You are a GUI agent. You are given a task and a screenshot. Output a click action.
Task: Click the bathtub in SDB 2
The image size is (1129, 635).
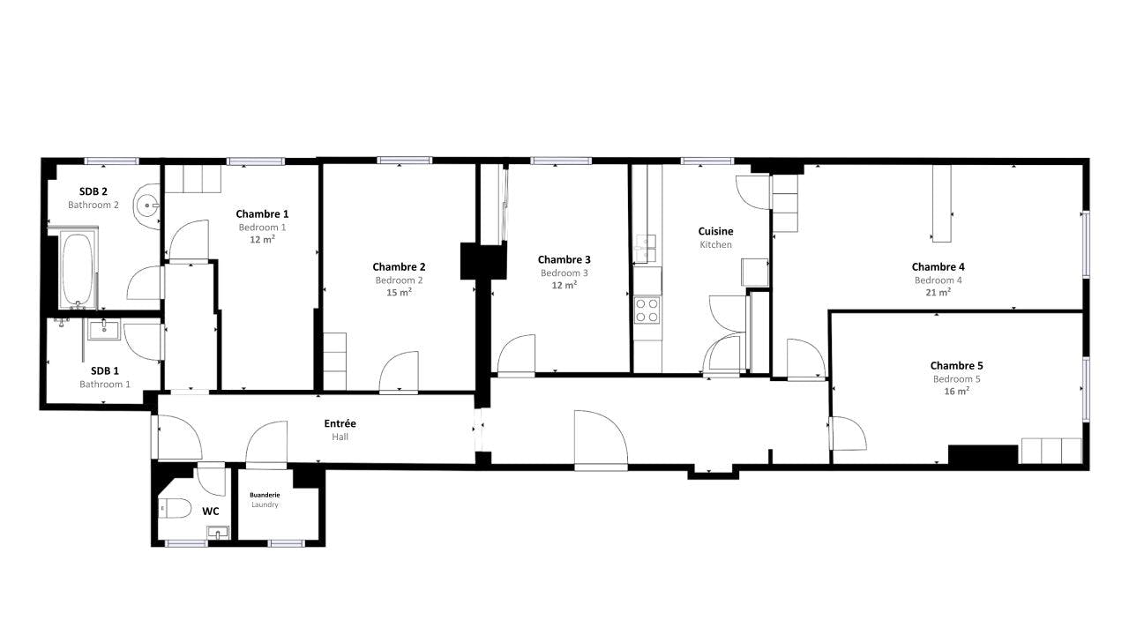pos(78,269)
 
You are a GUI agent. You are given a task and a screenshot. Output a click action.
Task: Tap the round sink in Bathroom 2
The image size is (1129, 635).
pos(147,205)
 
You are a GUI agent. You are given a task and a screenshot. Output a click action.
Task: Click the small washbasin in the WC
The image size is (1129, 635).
pos(217,532)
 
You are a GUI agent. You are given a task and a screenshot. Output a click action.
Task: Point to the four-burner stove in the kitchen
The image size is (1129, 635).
pos(647,310)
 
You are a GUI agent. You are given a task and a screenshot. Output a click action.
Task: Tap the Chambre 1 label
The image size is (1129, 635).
pos(262,213)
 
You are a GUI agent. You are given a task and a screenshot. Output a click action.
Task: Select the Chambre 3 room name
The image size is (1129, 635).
pos(564,259)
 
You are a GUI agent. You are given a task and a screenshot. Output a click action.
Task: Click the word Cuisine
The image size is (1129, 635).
pos(715,231)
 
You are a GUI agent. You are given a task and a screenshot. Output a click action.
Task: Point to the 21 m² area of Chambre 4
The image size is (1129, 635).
pos(938,292)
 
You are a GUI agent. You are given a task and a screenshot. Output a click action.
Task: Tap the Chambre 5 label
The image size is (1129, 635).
pos(956,365)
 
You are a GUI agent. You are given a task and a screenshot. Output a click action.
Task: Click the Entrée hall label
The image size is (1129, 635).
pos(340,423)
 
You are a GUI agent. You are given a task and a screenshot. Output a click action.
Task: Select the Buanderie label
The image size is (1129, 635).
pos(265,495)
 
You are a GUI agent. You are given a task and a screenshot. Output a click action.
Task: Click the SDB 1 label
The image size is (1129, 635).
pos(104,370)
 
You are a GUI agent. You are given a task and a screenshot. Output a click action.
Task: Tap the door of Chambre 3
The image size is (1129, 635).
pos(517,355)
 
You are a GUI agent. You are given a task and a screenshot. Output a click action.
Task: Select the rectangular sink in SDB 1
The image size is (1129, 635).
pos(105,329)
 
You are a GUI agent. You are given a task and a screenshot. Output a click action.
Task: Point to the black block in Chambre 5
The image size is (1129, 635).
pos(983,454)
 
